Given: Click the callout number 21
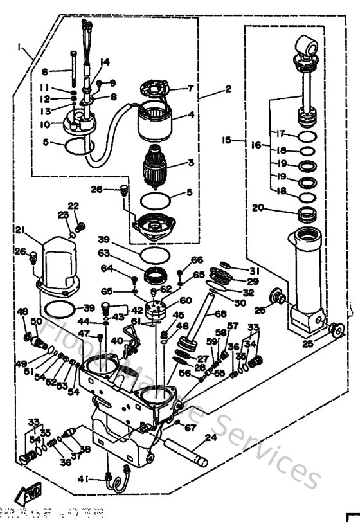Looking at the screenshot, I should [x=20, y=230].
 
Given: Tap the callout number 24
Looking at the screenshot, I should [x=208, y=440].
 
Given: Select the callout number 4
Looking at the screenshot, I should [x=191, y=116].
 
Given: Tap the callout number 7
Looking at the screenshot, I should [x=190, y=88].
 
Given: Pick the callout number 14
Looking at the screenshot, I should [x=105, y=62].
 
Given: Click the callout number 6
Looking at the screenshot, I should [x=45, y=72].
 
